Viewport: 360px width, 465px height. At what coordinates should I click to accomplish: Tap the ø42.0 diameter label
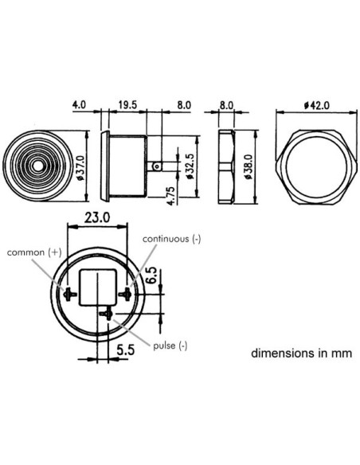(315, 106)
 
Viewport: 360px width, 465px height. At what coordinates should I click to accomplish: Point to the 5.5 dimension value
(124, 348)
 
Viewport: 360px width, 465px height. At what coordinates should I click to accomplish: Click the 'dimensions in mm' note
(300, 352)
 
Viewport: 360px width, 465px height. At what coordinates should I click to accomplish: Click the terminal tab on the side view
(158, 166)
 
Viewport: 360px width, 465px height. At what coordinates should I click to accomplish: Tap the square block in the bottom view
(98, 287)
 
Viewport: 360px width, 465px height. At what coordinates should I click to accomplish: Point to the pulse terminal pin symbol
(105, 314)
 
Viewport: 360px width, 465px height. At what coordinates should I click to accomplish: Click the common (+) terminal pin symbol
(71, 294)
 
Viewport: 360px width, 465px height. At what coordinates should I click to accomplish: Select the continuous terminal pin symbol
(124, 294)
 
